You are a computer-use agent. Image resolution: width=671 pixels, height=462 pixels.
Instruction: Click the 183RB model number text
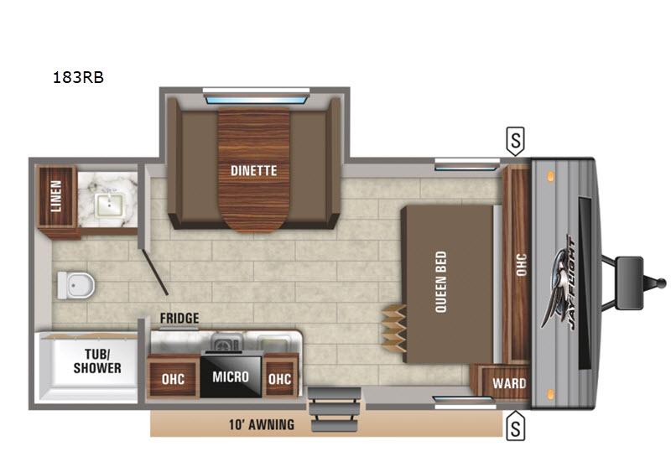coord(78,77)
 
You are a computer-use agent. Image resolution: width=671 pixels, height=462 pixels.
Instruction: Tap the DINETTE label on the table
coord(254,171)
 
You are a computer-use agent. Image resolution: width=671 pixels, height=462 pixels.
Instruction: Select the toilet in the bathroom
coord(75,285)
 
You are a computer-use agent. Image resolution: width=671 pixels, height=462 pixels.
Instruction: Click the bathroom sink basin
coord(111,205)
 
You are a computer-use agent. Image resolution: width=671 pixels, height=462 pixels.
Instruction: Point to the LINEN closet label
coord(56,196)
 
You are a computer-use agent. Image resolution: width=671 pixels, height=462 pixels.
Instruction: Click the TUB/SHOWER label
coord(97,361)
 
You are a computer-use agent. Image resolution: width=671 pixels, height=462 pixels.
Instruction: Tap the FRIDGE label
coord(179,319)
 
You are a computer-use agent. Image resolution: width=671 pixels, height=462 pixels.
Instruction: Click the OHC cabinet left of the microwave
coord(174,376)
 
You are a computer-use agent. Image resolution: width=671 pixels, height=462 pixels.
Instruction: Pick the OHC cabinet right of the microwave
coord(280,376)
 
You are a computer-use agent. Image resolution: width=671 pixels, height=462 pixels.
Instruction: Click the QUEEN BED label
coord(441,282)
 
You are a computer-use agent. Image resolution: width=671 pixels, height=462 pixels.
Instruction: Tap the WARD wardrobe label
coord(509,383)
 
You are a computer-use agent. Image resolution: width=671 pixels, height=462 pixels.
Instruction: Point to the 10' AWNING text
coord(262,424)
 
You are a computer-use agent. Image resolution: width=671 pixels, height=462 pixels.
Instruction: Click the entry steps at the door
coord(334,409)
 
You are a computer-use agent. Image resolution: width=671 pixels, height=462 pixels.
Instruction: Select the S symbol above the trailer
coord(516,141)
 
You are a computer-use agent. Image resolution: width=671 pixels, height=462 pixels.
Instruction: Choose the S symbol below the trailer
coord(516,426)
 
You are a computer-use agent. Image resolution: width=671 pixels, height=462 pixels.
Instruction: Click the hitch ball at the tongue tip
coord(662,283)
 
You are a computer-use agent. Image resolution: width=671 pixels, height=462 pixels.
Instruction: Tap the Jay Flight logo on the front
coord(559,283)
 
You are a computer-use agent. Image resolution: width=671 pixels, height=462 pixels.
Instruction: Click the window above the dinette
coord(257,100)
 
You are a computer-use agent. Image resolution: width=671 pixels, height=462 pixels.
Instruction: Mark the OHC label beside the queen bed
coord(521,265)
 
